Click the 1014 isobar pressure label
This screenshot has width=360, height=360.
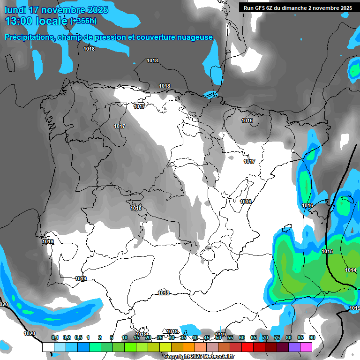350,270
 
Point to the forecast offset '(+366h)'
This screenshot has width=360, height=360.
83,21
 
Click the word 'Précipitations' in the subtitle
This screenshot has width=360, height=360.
28,37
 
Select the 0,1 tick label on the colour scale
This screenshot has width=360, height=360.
55,337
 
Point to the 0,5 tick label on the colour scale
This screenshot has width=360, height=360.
78,337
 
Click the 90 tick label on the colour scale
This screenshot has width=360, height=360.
312,337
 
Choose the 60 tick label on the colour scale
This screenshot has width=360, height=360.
242,337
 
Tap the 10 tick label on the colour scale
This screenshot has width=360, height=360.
125,337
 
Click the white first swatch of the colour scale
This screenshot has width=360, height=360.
48,347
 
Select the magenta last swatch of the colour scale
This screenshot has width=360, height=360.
306,347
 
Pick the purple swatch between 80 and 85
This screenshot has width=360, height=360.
294,347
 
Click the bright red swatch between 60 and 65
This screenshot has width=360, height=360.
247,347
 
